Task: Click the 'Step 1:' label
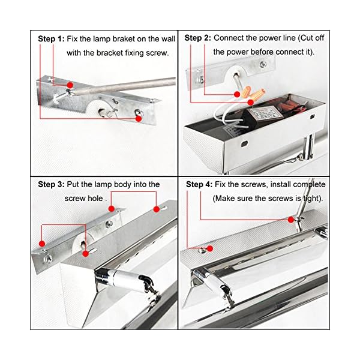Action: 51,39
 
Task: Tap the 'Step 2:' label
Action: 197,38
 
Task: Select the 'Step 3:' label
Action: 51,184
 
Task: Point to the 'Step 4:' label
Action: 199,184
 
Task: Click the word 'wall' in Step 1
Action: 168,39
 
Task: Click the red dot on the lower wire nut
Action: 251,102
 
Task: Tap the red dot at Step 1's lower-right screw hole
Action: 138,118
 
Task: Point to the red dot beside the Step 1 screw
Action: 70,85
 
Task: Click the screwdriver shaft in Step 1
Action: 124,86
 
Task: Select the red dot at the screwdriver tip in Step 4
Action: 291,220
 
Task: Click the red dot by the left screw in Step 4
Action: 210,248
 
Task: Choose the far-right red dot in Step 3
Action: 157,209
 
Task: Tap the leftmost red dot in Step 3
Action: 42,244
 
